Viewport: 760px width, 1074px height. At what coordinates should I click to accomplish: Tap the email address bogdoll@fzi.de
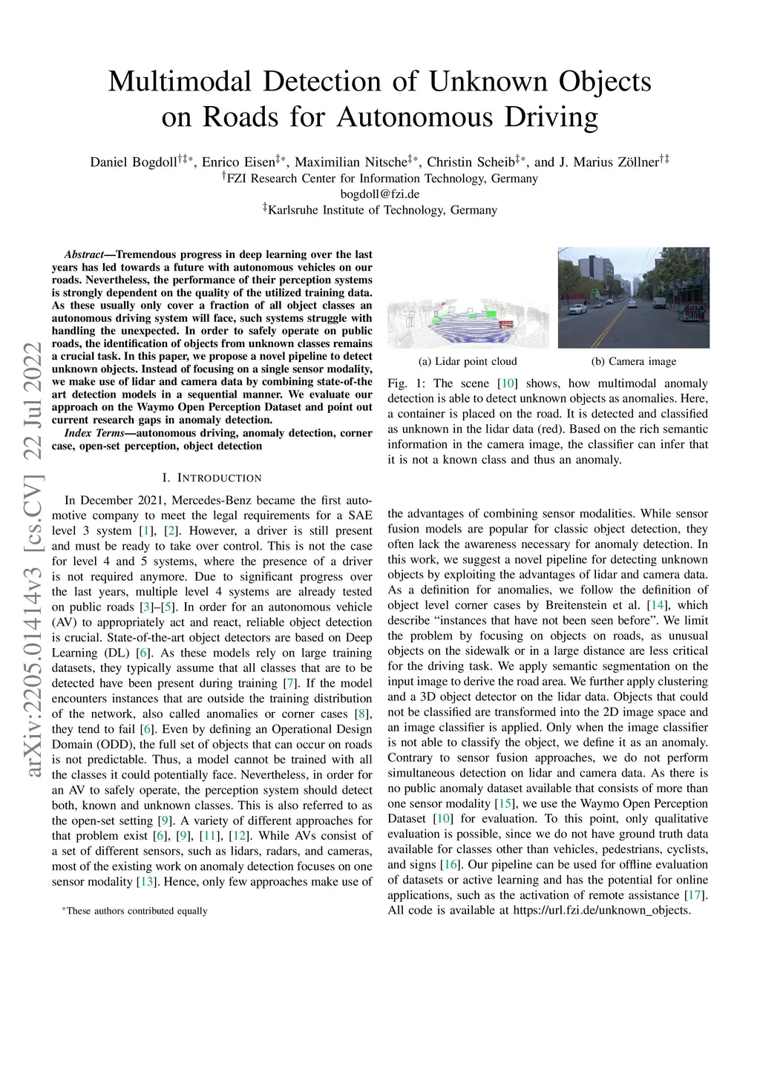point(379,194)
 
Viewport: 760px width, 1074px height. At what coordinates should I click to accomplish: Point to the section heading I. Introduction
point(212,478)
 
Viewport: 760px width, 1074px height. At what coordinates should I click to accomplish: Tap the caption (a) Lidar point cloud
point(468,362)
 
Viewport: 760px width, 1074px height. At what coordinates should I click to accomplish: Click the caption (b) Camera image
point(634,362)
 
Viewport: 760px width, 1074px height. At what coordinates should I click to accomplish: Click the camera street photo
point(634,297)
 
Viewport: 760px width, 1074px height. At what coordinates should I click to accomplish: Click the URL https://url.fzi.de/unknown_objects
point(602,910)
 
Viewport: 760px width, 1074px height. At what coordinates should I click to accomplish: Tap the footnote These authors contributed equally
point(137,911)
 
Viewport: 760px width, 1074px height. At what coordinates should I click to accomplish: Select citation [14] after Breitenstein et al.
point(656,605)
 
